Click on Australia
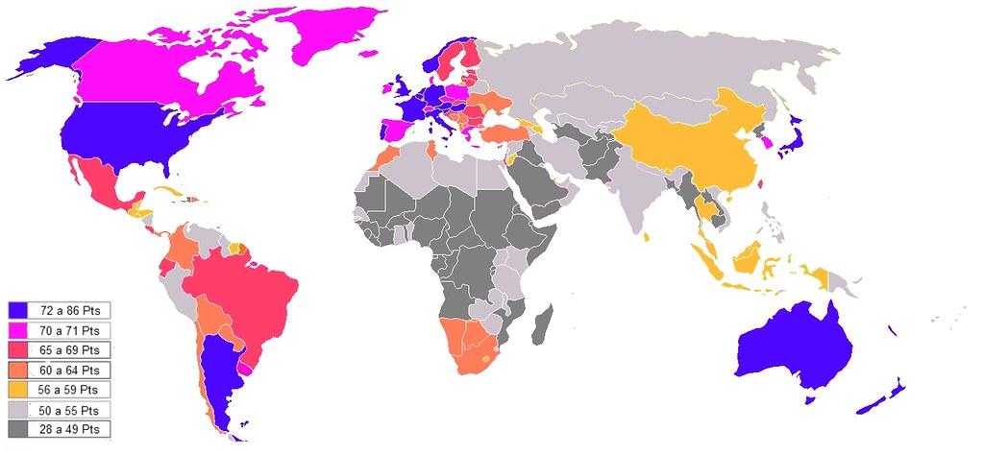[x=793, y=346]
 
